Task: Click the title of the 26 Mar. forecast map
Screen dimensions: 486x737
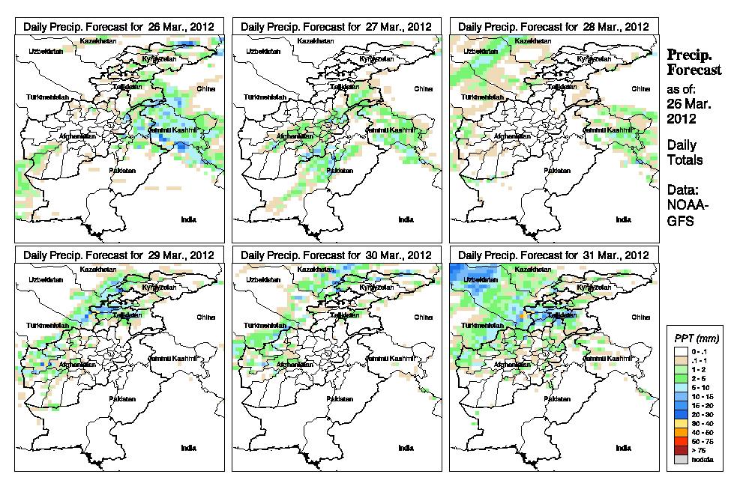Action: coord(118,26)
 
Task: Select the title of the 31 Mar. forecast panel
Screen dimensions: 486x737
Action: coord(553,255)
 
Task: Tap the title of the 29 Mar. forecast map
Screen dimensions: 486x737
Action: coord(118,255)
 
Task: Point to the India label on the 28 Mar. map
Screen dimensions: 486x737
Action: coord(623,219)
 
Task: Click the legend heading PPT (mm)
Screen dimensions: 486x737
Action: coord(694,337)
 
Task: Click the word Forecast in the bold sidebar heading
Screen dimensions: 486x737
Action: coord(694,70)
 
